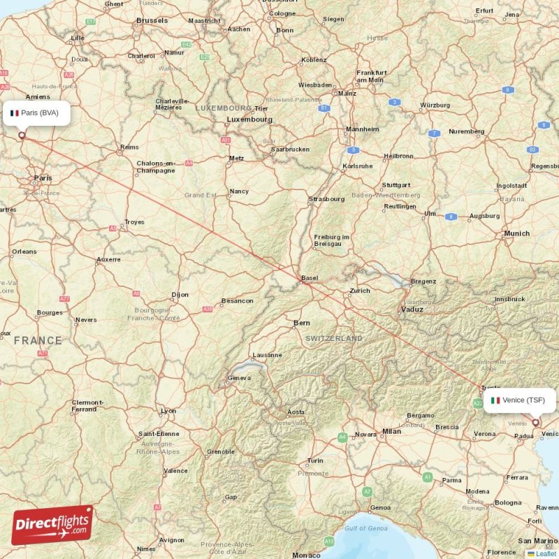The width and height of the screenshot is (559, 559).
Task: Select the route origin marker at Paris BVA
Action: (22, 136)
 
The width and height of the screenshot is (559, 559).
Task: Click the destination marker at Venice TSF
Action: (536, 422)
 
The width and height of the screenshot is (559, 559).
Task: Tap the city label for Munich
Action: (517, 233)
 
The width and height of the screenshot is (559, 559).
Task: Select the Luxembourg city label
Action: (249, 119)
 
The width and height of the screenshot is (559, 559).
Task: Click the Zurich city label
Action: (360, 290)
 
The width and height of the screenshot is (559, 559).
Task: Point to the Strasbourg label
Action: (326, 199)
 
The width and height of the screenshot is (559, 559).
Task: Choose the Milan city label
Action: (391, 431)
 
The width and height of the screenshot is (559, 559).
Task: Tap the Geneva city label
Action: (239, 378)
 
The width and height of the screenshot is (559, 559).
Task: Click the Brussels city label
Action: (152, 21)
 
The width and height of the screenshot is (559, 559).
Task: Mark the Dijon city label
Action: (180, 295)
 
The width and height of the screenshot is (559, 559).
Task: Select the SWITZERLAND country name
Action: (334, 338)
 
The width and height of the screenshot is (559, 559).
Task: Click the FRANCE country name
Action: (38, 340)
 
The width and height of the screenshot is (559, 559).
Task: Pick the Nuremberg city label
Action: (466, 131)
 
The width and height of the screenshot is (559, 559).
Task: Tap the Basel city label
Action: (310, 277)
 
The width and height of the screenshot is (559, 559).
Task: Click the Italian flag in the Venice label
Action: (495, 400)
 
